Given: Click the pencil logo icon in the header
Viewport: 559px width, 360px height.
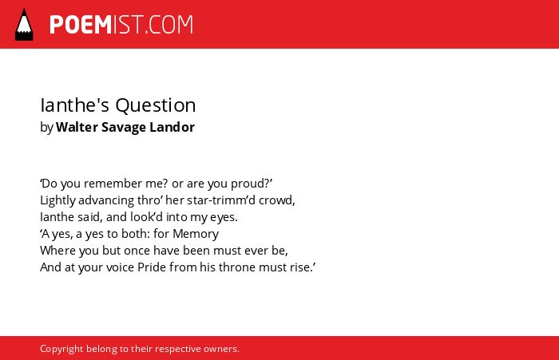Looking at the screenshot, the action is (24, 25).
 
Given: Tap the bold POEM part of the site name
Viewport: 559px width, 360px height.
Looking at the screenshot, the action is (81, 25).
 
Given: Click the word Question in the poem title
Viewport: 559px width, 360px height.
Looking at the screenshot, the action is (156, 106).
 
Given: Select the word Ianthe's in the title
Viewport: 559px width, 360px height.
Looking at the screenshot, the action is (74, 105).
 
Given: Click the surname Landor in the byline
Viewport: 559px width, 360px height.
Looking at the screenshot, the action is (172, 127).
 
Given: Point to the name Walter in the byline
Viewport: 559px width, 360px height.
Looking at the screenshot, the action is (76, 127).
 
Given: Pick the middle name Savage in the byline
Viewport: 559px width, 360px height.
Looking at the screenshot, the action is (123, 128).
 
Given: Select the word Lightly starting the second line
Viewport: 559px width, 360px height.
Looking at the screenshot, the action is (57, 200).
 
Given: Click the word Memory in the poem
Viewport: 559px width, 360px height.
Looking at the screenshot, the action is (196, 234).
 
